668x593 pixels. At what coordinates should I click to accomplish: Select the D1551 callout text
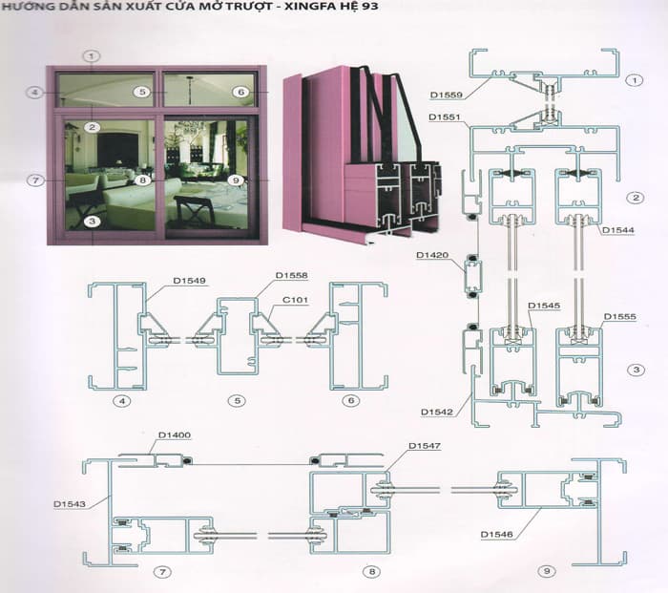coord(445,116)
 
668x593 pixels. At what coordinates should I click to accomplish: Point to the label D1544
coord(617,230)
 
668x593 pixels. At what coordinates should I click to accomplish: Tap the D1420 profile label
coord(432,255)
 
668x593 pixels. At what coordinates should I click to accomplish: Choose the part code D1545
coord(545,307)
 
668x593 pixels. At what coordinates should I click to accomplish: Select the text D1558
coord(291,275)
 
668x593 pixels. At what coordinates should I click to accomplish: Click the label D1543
coord(69,501)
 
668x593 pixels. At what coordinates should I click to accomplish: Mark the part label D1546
coord(498,534)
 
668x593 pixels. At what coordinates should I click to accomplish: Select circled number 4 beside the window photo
coord(35,92)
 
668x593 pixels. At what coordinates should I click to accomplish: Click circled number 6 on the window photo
coord(240,93)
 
